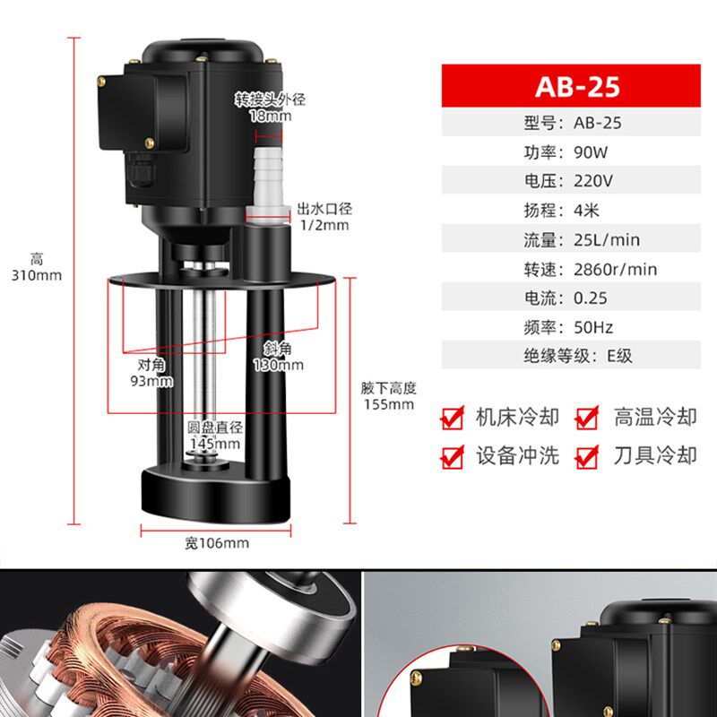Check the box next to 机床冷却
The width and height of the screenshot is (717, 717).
454,418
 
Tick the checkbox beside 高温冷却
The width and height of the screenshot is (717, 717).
587,418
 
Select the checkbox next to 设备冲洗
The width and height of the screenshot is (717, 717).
454,456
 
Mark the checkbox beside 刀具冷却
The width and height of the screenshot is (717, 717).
587,456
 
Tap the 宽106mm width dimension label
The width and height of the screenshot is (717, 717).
217,542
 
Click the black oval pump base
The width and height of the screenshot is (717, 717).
215,492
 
